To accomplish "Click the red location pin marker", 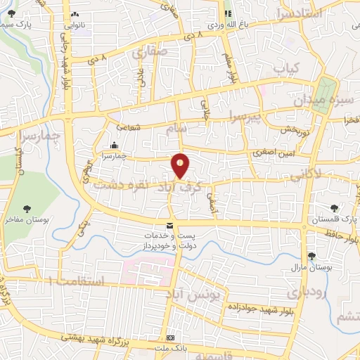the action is tap(181, 165).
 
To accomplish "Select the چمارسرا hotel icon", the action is tap(112, 146).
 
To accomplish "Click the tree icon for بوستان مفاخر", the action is tap(27, 208).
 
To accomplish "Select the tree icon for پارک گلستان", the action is tap(334, 207).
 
